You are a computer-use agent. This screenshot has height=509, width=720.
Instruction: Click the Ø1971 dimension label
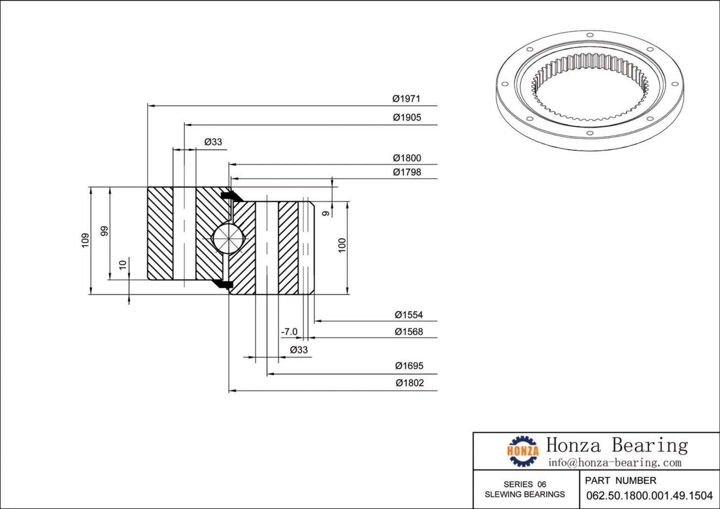pyautogui.click(x=406, y=99)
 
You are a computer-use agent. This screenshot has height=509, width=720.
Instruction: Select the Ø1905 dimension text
pyautogui.click(x=407, y=118)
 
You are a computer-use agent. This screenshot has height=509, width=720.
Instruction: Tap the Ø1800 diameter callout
pyautogui.click(x=407, y=158)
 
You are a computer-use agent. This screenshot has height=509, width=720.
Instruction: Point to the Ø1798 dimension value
pyautogui.click(x=407, y=172)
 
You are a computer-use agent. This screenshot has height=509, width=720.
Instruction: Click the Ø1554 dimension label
pyautogui.click(x=409, y=315)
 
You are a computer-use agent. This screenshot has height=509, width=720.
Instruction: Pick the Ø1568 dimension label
pyautogui.click(x=409, y=332)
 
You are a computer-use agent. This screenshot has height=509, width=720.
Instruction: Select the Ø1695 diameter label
pyautogui.click(x=409, y=366)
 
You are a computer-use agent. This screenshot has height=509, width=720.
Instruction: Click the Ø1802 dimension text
pyautogui.click(x=409, y=383)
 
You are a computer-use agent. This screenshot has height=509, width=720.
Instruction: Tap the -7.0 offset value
pyautogui.click(x=289, y=332)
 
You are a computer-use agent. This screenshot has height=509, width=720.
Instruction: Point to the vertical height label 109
pyautogui.click(x=85, y=241)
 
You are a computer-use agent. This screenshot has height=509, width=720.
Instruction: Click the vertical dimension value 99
pyautogui.click(x=105, y=231)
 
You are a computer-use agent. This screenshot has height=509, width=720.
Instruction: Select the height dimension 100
pyautogui.click(x=342, y=245)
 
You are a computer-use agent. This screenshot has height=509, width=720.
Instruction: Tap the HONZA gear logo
pyautogui.click(x=523, y=451)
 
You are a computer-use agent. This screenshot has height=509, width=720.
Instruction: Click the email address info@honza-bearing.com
pyautogui.click(x=615, y=463)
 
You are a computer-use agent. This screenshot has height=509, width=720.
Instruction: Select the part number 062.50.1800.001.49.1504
pyautogui.click(x=649, y=496)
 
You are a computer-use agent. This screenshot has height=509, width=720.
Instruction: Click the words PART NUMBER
pyautogui.click(x=620, y=481)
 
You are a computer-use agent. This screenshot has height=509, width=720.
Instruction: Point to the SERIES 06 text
pyautogui.click(x=525, y=485)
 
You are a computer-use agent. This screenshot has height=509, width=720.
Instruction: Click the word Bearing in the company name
pyautogui.click(x=650, y=445)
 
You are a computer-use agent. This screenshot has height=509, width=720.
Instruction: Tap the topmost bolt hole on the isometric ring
pyautogui.click(x=590, y=35)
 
